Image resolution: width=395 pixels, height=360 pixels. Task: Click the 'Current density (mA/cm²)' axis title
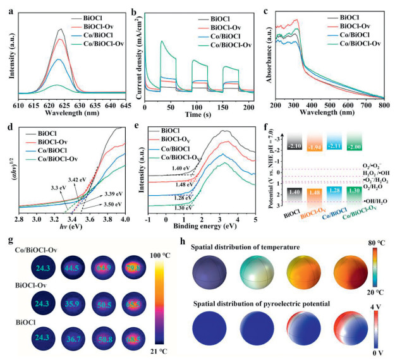click(143, 54)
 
